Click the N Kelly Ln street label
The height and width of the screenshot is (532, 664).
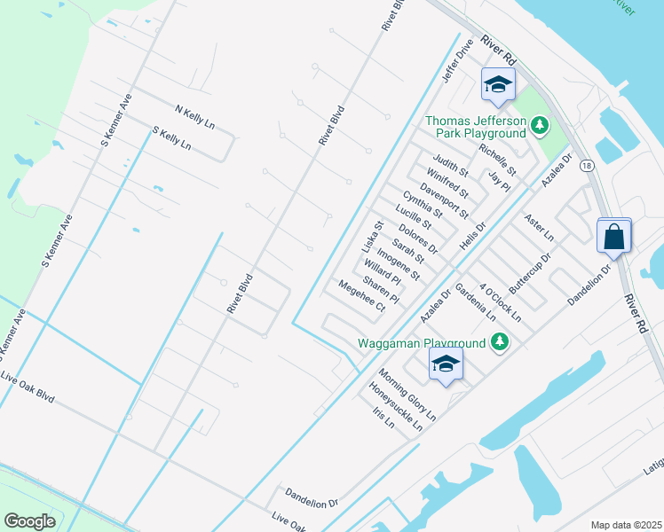click(195, 117)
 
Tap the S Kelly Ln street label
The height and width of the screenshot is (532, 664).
click(172, 138)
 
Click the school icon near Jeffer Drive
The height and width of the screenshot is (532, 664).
click(498, 85)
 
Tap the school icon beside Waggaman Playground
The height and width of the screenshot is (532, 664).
click(446, 364)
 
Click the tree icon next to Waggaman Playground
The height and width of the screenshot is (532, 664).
click(500, 342)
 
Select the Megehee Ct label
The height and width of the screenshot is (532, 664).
click(361, 296)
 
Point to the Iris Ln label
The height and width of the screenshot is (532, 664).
click(383, 418)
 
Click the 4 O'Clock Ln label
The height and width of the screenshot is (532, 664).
click(500, 303)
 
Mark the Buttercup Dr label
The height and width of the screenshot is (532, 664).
click(531, 274)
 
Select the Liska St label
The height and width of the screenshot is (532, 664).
click(372, 237)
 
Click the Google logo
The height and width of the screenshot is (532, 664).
click(29, 521)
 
